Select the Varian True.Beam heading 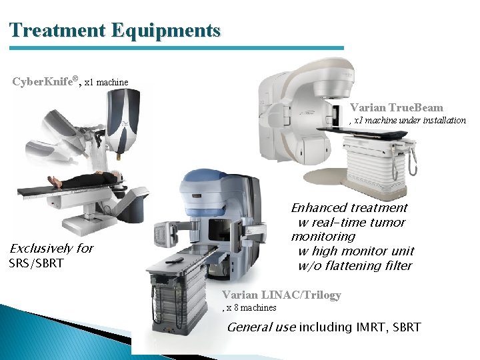coord(396,107)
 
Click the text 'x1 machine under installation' coord(409,121)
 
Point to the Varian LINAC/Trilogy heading coord(281,295)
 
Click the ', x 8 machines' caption coord(249,307)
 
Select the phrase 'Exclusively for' coord(51,249)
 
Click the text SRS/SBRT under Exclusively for coord(36,263)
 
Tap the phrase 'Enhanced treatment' coord(349,208)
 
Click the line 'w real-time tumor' coord(351,223)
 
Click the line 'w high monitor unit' coord(355,251)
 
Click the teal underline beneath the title coord(177,48)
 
